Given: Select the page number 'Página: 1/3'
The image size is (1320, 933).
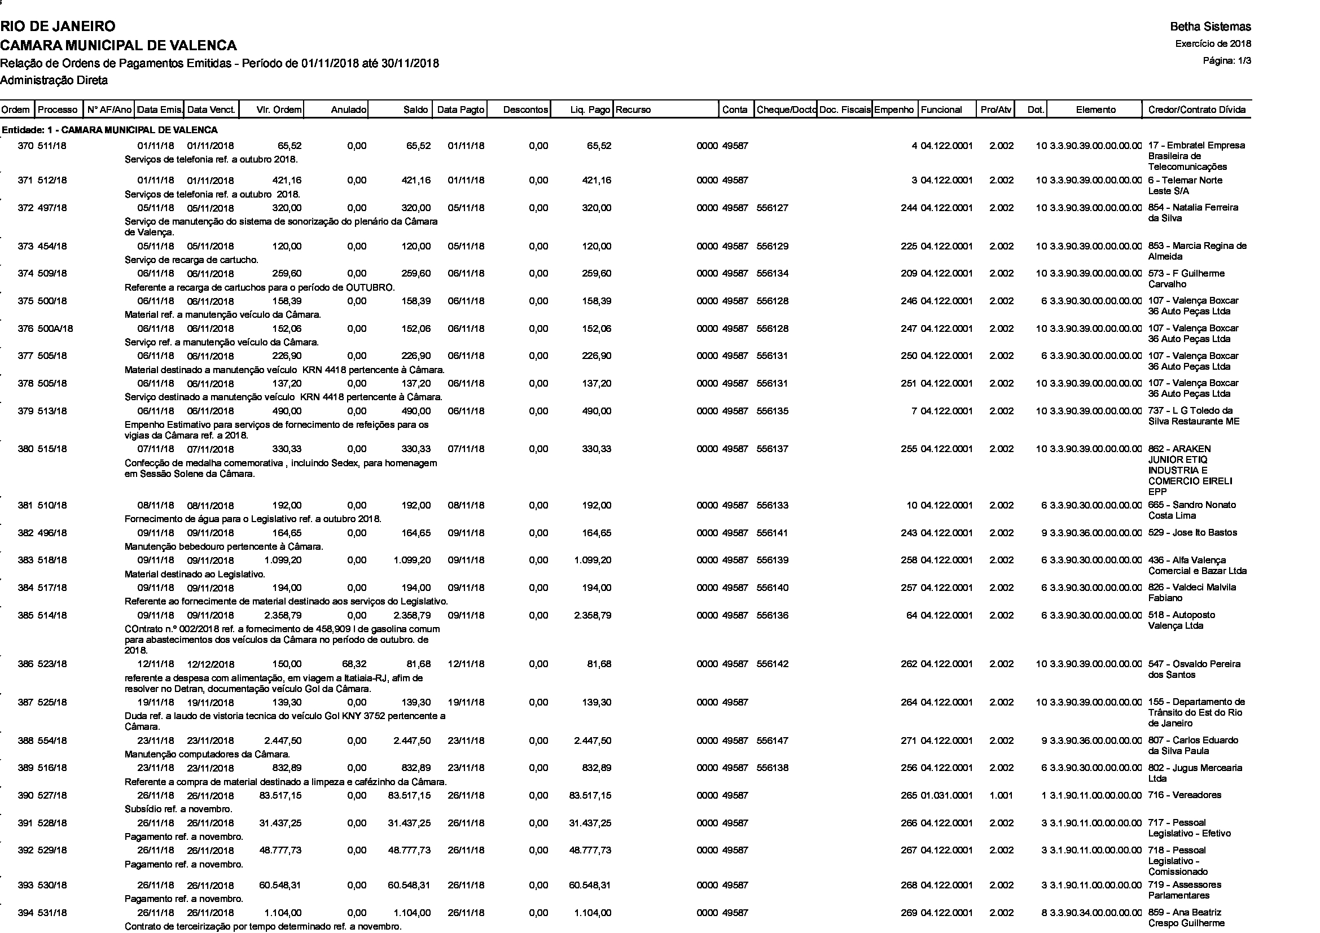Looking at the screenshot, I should [1227, 60].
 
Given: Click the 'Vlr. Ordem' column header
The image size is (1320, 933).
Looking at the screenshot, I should [278, 109].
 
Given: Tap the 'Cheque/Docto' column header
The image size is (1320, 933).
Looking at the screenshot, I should [786, 109].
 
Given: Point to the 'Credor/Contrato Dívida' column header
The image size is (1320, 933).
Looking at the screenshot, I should [1196, 109].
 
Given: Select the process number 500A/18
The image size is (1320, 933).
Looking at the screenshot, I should [55, 329].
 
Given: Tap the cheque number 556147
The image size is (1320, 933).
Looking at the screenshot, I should [772, 741].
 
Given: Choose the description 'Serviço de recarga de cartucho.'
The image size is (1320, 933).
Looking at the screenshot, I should [191, 260].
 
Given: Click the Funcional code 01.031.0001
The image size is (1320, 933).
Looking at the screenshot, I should [946, 796].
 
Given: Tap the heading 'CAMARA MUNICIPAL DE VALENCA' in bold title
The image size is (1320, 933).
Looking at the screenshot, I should [119, 45].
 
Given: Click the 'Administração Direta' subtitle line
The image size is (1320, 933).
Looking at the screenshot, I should [54, 81].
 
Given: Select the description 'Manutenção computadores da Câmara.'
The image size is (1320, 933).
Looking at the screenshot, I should [207, 754].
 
